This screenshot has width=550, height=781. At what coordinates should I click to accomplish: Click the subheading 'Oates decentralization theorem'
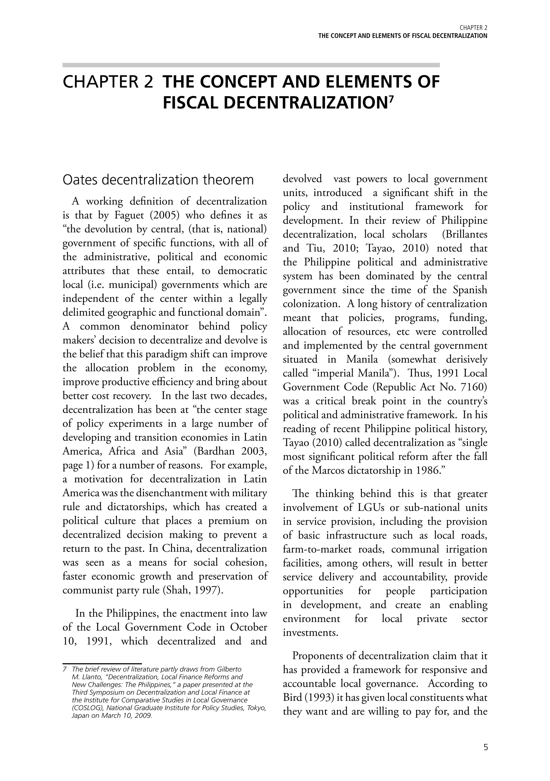pos(158,180)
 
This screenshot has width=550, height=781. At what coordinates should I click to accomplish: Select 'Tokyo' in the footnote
pos(256,708)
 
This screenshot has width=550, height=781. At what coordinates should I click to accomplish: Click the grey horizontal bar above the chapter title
pos(251,65)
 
